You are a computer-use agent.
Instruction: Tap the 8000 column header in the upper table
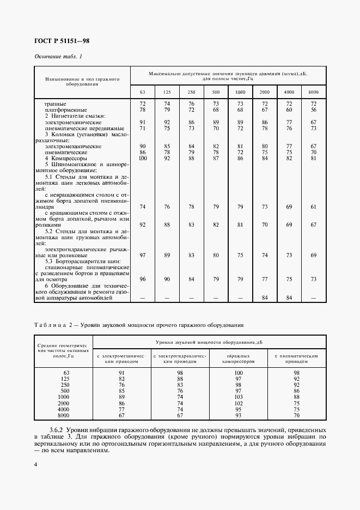tap(313, 92)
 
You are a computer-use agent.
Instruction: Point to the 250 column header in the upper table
tap(191, 92)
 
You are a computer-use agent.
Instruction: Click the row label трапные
tap(56, 103)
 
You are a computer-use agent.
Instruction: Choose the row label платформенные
tap(64, 110)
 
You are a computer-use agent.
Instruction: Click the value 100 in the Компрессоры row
tap(143, 158)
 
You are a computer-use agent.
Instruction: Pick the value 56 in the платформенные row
tap(313, 110)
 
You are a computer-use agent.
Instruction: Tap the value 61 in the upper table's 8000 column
tap(313, 207)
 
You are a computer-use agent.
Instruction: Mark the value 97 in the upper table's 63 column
tap(143, 255)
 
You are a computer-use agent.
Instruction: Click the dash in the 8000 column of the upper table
tap(313, 298)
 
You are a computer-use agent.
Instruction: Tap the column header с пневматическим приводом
tap(296, 359)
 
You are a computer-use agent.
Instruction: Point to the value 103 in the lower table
tap(237, 397)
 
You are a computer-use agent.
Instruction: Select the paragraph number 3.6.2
tap(59, 430)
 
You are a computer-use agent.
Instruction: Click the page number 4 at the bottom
tap(36, 464)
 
